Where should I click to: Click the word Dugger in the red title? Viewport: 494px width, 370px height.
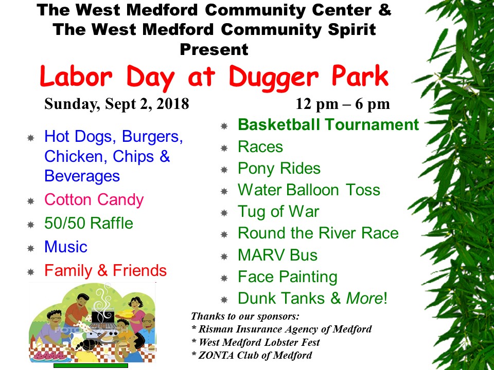pos(274,77)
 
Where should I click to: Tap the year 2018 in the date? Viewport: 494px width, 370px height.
pos(173,104)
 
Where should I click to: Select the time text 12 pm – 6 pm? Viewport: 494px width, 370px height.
pos(343,104)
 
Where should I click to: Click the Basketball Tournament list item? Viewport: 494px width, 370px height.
pos(328,124)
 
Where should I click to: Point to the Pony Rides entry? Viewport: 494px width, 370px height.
pos(279,169)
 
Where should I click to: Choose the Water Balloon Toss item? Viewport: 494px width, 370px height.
pos(309,190)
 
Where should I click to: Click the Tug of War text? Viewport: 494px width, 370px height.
pos(278,212)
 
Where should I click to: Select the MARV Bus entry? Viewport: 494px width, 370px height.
pos(277,255)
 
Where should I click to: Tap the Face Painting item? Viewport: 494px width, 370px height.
pos(288,277)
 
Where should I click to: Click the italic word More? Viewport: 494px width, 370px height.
pos(364,298)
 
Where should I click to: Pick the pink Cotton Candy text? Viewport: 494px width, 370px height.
pos(94,200)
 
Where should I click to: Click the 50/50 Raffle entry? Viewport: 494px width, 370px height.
pos(89,223)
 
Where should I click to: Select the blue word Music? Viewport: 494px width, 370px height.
pos(66,247)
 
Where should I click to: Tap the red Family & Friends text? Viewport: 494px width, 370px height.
pos(105,270)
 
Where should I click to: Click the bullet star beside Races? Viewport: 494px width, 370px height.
pos(224,148)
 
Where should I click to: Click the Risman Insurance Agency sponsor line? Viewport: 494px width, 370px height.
pos(281,329)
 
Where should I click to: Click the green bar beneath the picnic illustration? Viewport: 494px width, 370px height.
pos(91,365)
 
